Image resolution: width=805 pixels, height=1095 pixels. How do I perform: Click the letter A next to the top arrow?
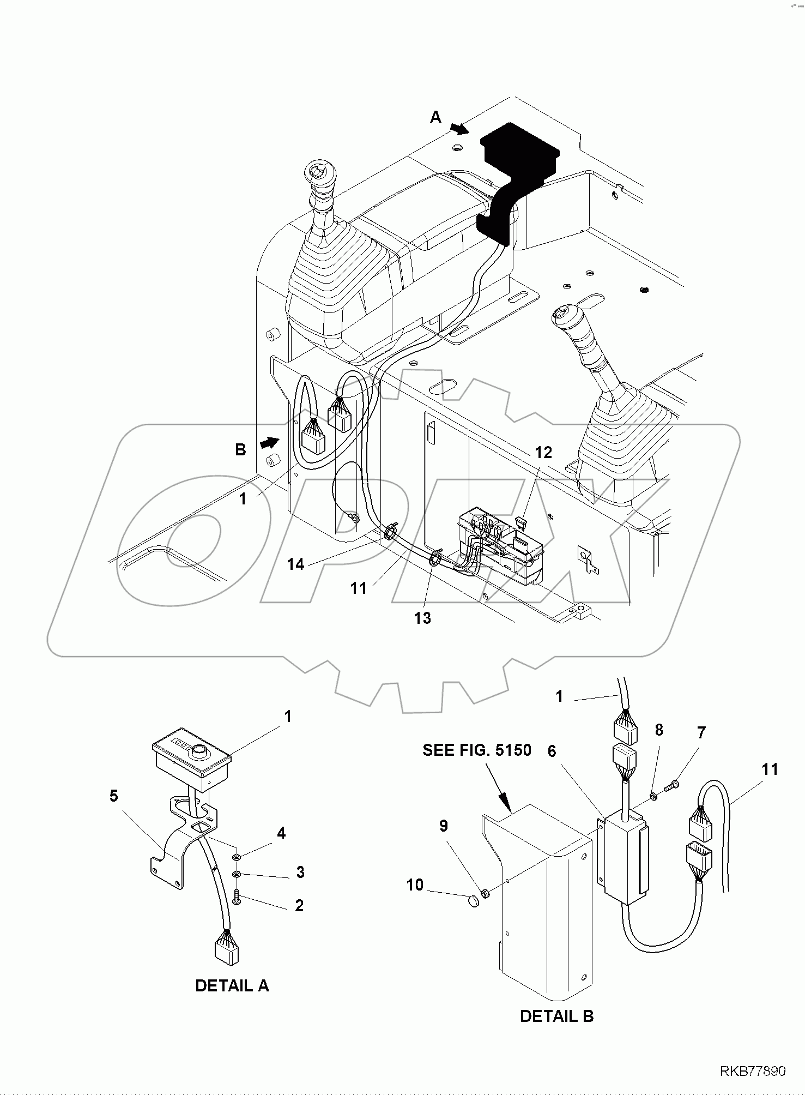(435, 117)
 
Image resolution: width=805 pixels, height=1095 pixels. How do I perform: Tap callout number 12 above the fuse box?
(543, 452)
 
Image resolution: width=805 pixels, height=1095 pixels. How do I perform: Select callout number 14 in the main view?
(295, 564)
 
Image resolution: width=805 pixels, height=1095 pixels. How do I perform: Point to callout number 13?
(422, 618)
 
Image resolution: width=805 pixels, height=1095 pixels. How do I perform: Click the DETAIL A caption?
(232, 985)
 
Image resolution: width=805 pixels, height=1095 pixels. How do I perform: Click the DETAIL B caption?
(556, 1016)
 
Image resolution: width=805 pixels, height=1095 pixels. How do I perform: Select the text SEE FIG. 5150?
(476, 750)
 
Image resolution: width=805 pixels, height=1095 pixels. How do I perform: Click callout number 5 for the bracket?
(113, 796)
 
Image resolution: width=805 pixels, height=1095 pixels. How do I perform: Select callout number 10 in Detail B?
(415, 885)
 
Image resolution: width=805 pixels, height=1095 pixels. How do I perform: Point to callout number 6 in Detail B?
(552, 751)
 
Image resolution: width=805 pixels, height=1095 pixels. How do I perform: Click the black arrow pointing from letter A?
(459, 129)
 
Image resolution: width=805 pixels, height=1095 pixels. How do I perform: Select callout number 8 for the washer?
(658, 730)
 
